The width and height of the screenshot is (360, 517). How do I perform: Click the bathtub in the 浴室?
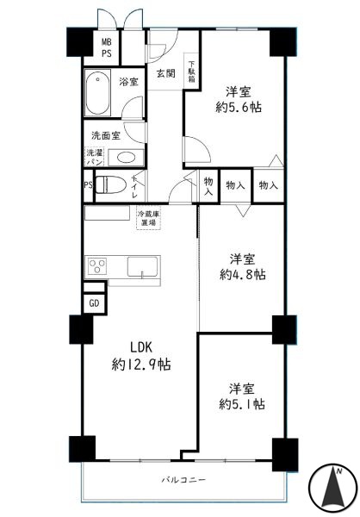coord(97,93)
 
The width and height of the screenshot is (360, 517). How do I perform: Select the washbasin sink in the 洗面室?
coord(126,158)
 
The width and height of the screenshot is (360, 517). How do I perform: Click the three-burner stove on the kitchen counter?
coord(97,265)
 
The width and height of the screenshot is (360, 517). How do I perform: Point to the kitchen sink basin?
coord(143,266)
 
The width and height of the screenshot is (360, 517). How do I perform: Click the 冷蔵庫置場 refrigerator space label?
coord(148,218)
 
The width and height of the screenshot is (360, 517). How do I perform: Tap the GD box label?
coord(94,303)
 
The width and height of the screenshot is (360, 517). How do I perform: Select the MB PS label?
coord(106,47)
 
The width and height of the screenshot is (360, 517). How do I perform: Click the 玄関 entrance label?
coord(165,73)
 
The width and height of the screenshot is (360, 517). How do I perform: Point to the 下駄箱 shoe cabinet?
coord(191,72)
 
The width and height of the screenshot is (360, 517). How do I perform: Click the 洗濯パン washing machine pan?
coord(95,157)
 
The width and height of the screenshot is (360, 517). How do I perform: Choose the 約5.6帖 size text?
coord(239,107)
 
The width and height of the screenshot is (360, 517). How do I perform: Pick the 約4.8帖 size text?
coord(243,274)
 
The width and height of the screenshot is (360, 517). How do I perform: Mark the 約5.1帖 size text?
coord(242,404)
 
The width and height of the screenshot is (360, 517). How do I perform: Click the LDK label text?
coord(140,347)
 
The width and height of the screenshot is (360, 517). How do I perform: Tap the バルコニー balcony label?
coord(183,479)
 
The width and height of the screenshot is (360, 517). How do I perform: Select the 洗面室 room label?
coord(105,135)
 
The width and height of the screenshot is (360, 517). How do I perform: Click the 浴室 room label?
coord(128,82)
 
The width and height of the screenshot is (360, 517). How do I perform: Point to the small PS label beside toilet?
coord(88,185)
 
